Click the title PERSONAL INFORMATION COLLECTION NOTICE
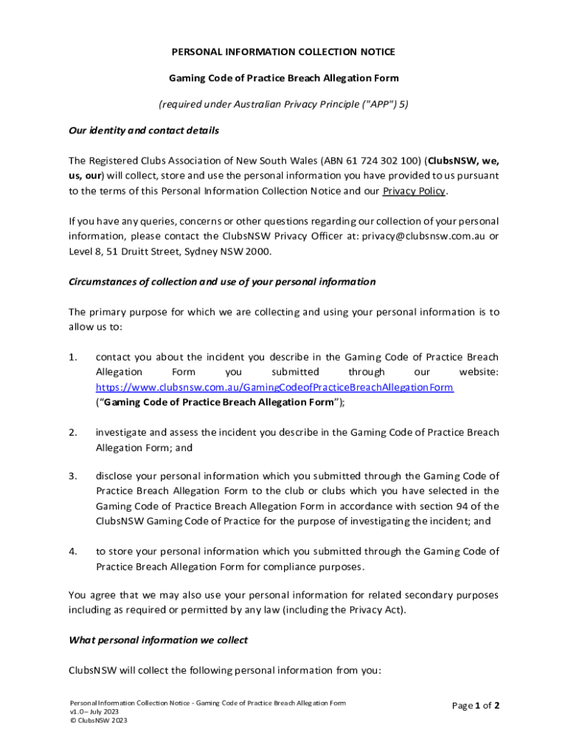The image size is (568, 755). point(283,52)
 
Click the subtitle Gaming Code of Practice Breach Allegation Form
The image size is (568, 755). point(284,77)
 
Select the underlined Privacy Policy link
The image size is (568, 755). point(414,191)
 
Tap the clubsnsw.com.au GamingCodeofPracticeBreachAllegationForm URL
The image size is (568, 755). point(274,387)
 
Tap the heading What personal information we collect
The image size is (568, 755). point(158,640)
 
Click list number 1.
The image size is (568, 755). point(73,358)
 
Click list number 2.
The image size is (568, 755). point(73,432)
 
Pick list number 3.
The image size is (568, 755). point(73,476)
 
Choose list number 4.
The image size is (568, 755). point(73,551)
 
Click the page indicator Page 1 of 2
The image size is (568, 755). point(475,706)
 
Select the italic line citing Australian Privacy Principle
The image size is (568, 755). point(284,104)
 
